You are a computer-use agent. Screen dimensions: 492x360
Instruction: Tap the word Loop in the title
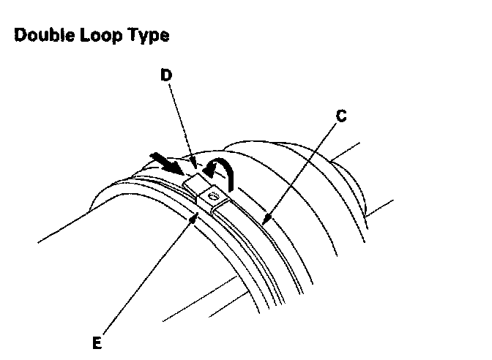click(98, 35)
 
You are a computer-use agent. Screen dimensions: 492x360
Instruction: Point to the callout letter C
click(342, 116)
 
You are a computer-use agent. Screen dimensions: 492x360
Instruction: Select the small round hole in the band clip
click(214, 195)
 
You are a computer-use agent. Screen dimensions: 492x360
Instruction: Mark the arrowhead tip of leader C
click(266, 221)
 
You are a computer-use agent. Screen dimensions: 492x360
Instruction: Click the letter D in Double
click(20, 35)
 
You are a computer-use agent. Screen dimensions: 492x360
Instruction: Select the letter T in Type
click(133, 35)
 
